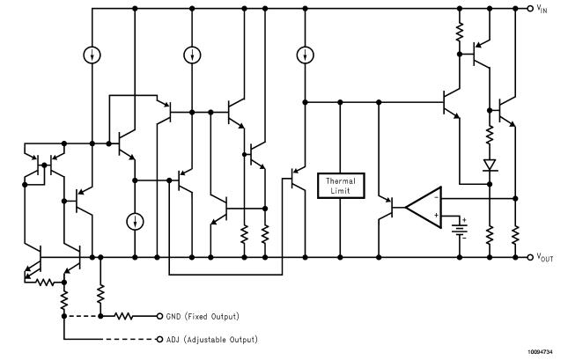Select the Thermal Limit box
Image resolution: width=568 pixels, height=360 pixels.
[340, 185]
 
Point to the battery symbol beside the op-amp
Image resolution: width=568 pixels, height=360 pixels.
[460, 228]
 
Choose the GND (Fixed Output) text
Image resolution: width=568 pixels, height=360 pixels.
[203, 315]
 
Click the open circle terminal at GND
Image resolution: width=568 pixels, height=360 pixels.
[159, 315]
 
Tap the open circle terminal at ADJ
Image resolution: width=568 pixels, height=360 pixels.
[159, 339]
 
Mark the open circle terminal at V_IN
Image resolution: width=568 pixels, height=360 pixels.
[529, 9]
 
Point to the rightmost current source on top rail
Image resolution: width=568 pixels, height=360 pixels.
[304, 55]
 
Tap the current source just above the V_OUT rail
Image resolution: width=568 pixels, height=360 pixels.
[135, 220]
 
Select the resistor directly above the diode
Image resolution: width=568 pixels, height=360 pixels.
[489, 136]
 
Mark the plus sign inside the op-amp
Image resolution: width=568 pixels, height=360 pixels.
[436, 215]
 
